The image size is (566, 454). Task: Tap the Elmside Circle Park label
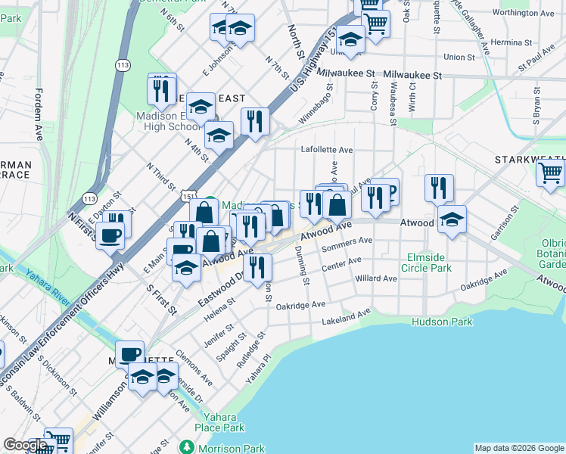[428, 263]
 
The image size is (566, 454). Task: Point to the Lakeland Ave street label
[347, 316]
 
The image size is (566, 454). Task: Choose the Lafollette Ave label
[327, 150]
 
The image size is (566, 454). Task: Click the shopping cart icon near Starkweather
[550, 173]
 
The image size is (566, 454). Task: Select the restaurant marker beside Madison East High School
[161, 91]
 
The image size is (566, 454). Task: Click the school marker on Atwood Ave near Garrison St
[452, 220]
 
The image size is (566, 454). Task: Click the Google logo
[25, 445]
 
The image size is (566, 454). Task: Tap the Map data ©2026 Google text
[518, 448]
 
